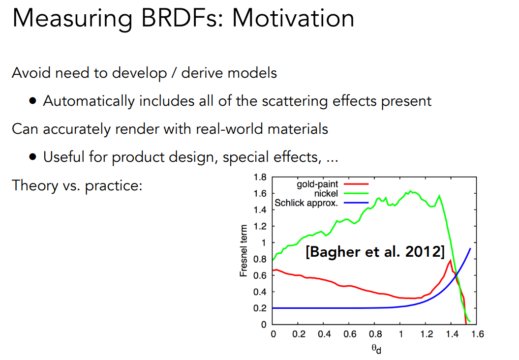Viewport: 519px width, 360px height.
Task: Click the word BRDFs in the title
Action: tap(168, 18)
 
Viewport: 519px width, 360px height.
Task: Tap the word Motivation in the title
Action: tap(293, 18)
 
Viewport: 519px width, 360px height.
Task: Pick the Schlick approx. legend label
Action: tap(306, 202)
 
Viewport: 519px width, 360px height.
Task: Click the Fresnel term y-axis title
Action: tap(244, 248)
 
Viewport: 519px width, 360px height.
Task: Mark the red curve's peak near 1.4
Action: tap(450, 261)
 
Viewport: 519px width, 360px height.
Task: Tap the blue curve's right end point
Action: tap(470, 248)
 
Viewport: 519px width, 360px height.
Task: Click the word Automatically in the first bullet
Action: tap(89, 101)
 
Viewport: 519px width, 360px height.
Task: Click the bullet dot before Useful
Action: tap(32, 158)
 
